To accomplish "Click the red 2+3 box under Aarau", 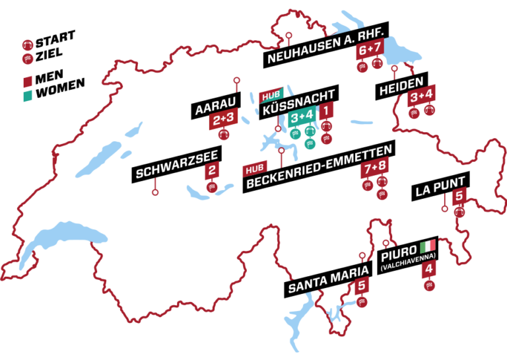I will click(223, 120).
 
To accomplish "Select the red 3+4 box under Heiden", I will click(421, 96).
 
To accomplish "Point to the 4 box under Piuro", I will click(430, 270).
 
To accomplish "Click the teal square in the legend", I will click(28, 96).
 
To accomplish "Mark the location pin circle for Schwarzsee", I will click(156, 193).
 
